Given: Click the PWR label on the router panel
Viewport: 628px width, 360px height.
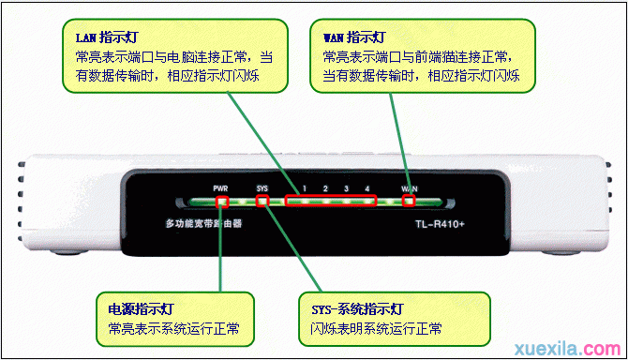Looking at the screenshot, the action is pos(220,187).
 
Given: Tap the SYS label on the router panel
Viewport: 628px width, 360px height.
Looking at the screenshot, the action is pos(262,187).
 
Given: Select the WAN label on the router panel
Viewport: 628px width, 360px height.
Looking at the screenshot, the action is pos(410,188).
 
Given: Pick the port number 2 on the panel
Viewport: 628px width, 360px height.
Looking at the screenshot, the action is pos(324,188).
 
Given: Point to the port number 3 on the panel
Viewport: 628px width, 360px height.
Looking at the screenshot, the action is pos(346,188).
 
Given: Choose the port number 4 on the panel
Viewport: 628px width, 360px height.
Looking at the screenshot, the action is pos(367,188).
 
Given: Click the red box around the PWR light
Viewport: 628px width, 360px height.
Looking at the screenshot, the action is pos(222,201).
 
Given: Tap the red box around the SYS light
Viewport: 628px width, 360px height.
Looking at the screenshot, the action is pos(263,201).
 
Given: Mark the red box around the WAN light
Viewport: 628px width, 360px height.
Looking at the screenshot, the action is pos(409,201).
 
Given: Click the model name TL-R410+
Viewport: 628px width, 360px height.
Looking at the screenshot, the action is pos(441,225).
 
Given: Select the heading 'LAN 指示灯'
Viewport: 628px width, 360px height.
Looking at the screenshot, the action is pos(99,38).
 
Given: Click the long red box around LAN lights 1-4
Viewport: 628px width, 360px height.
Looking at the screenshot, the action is pos(330,201).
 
